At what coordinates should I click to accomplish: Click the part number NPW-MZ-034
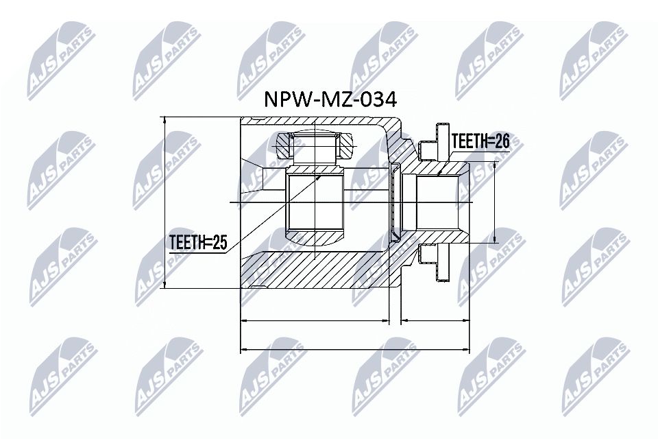click(329, 101)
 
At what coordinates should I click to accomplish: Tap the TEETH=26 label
click(480, 142)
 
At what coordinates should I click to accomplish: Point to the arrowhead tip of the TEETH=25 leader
click(321, 174)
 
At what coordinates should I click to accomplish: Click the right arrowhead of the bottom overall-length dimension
click(468, 350)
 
